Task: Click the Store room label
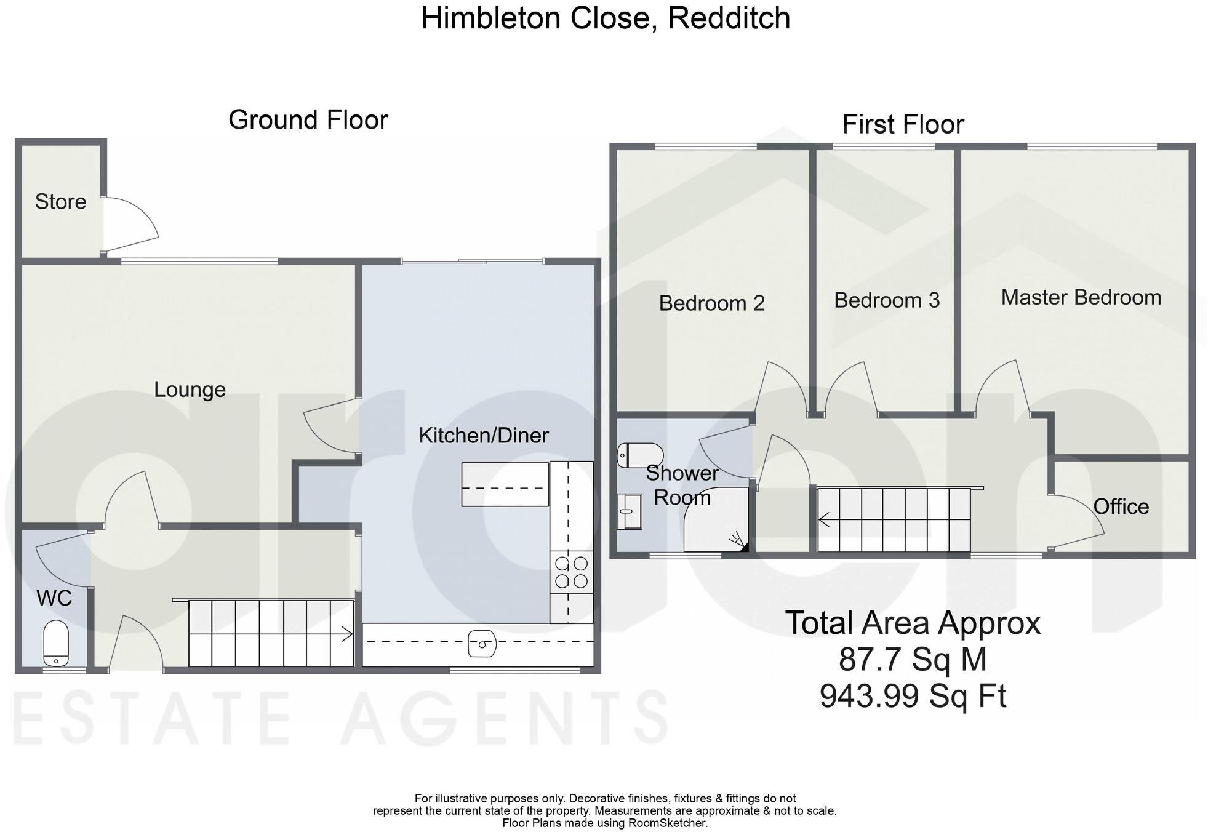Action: pyautogui.click(x=60, y=202)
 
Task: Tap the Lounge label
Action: pyautogui.click(x=190, y=390)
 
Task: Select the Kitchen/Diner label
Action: pyautogui.click(x=483, y=436)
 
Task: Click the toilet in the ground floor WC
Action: pyautogui.click(x=56, y=643)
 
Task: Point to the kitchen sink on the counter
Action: pyautogui.click(x=482, y=644)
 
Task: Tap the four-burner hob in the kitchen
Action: pyautogui.click(x=571, y=572)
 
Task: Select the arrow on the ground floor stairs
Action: pyautogui.click(x=346, y=634)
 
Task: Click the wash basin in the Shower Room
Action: pyautogui.click(x=629, y=511)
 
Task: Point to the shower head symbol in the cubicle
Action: pyautogui.click(x=739, y=542)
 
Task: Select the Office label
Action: pyautogui.click(x=1121, y=507)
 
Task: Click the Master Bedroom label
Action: pyautogui.click(x=1081, y=298)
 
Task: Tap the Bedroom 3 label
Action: pyautogui.click(x=887, y=300)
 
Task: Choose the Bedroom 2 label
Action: pyautogui.click(x=711, y=303)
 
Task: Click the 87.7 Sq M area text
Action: pyautogui.click(x=913, y=660)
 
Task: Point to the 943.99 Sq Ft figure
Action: pyautogui.click(x=913, y=697)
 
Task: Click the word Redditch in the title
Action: pyautogui.click(x=729, y=18)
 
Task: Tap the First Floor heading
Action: pyautogui.click(x=902, y=124)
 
